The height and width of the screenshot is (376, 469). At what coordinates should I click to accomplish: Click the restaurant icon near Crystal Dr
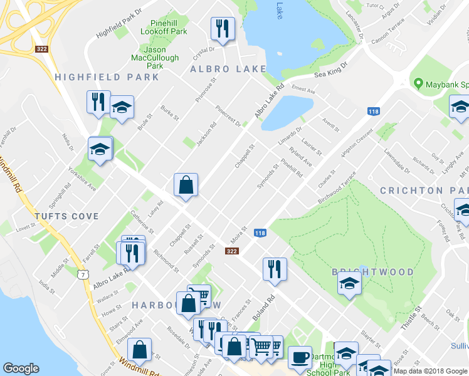(223, 28)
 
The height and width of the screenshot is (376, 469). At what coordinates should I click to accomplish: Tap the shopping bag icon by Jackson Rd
(186, 185)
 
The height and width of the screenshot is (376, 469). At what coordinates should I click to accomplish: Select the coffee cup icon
(300, 357)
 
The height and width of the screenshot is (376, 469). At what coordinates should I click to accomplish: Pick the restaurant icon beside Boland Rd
(275, 269)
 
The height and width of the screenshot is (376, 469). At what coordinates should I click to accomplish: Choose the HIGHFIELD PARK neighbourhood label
(107, 77)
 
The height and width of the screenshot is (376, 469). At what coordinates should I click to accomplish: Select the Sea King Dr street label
(330, 70)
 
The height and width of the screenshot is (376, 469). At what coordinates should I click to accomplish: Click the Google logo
(22, 368)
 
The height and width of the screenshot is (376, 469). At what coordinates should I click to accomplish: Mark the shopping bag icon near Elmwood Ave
(139, 350)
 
